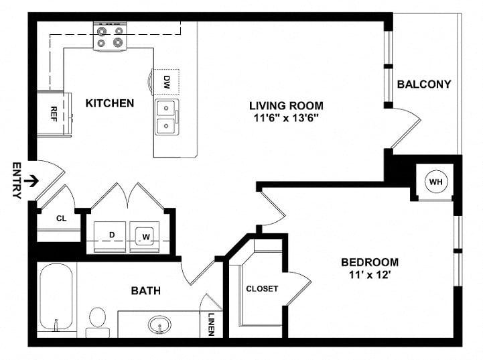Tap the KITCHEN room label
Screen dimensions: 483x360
point(110,103)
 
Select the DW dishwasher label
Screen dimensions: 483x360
point(167,82)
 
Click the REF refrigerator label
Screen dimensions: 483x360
point(54,114)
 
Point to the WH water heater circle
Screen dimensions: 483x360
point(435,182)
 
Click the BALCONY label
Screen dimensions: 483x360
point(424,84)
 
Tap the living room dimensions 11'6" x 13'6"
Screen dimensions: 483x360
point(286,118)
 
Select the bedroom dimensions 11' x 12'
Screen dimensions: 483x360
point(370,274)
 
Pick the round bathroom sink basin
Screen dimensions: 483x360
point(159,324)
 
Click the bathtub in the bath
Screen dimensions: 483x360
point(56,296)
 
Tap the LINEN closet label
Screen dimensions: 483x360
point(211,324)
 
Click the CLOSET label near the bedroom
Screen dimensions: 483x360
point(262,289)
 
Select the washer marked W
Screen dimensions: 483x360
point(145,237)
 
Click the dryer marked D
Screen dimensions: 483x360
point(110,237)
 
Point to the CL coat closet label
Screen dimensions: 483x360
point(62,219)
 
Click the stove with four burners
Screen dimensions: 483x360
point(111,36)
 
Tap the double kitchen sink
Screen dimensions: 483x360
point(167,117)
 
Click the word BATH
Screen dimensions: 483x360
point(145,291)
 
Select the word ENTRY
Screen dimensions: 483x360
point(17,180)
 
